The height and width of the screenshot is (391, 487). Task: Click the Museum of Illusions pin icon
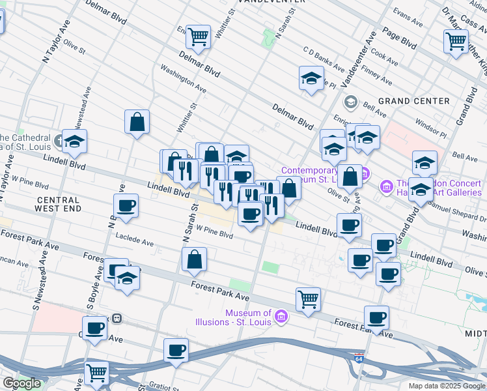(281, 317)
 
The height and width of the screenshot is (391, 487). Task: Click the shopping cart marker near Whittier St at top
(198, 37)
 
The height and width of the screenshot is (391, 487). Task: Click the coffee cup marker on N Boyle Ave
(125, 207)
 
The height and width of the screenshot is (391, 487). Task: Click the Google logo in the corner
(21, 383)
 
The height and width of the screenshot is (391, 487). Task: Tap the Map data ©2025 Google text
(446, 386)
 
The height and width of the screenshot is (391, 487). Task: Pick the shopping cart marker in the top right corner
(456, 41)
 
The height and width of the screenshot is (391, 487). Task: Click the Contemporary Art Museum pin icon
(365, 174)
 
